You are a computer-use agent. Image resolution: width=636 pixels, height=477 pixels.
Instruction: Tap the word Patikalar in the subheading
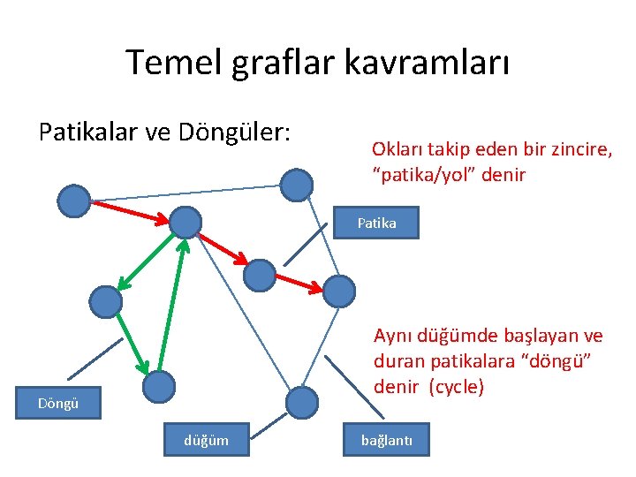[89, 132]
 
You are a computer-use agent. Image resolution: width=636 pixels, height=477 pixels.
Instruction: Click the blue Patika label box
[377, 223]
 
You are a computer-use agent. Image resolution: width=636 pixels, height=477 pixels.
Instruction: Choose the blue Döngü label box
[59, 404]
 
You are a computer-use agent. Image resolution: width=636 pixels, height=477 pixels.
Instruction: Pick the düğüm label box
[206, 440]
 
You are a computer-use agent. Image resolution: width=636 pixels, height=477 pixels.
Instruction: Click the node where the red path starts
[74, 201]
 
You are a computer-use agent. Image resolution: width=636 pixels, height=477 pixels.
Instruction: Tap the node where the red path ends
[338, 291]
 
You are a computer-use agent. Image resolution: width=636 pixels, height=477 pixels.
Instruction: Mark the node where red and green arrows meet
[185, 222]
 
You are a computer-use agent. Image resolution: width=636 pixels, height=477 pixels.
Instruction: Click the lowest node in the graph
[302, 403]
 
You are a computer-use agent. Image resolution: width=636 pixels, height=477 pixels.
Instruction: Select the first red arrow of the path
[129, 211]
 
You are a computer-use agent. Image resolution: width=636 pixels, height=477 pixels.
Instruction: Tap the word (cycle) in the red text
[455, 387]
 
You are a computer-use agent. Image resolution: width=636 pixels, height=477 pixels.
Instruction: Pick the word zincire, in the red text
[582, 150]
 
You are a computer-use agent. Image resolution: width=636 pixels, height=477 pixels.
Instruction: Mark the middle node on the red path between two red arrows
[260, 275]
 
